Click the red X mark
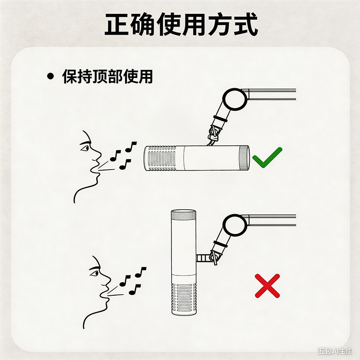[x=267, y=286]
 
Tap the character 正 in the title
[x=117, y=24]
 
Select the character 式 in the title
[x=245, y=24]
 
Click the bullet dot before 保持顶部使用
[x=50, y=76]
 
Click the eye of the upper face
[x=84, y=148]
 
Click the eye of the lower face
[x=94, y=273]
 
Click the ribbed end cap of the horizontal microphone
[x=244, y=158]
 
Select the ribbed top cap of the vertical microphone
[x=184, y=214]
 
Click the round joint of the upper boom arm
[x=235, y=99]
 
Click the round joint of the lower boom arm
[x=235, y=225]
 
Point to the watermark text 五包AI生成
[x=335, y=351]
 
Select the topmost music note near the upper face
[x=131, y=147]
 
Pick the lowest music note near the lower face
[x=135, y=290]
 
